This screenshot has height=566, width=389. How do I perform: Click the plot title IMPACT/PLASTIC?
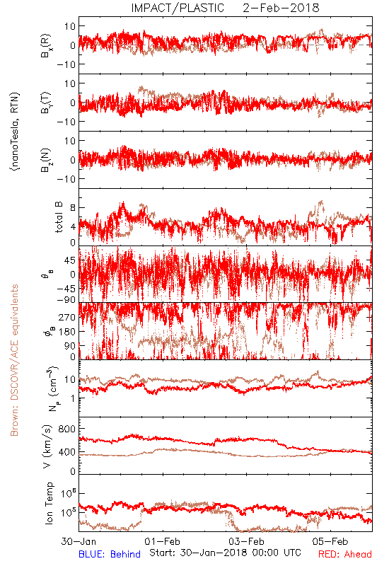178,8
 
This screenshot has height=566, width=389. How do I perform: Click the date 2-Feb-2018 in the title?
281,8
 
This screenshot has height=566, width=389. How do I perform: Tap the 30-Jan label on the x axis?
79,541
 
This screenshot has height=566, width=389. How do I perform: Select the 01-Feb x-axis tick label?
163,541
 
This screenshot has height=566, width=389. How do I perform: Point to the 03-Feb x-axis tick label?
246,541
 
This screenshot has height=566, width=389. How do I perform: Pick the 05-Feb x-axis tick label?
330,541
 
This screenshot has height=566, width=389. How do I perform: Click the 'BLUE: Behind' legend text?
110,554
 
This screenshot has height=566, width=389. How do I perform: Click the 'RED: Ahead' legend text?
345,554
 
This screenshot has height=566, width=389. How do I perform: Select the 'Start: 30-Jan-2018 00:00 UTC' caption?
225,553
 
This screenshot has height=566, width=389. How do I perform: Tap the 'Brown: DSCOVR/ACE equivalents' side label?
14,360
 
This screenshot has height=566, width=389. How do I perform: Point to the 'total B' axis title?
59,217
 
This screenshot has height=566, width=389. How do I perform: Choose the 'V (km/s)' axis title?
47,446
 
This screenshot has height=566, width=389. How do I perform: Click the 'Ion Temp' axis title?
49,503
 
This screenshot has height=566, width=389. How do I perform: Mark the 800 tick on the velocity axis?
66,429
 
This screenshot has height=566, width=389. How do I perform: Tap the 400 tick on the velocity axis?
66,452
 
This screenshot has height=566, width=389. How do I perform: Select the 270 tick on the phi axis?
67,317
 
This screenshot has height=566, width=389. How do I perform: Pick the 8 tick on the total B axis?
73,207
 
